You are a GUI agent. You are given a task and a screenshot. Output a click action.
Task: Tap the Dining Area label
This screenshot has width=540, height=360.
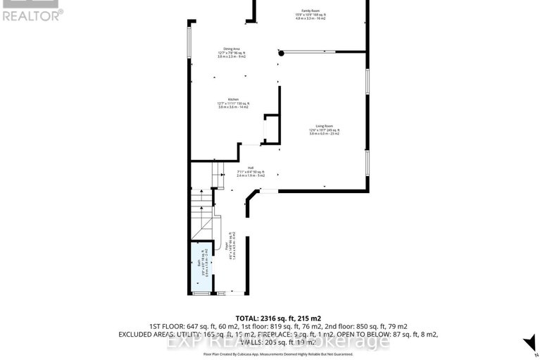click(x=232, y=49)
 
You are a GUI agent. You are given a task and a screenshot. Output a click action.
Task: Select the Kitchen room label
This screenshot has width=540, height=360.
click(x=232, y=99)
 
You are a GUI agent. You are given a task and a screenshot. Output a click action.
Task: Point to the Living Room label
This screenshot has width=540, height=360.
click(x=324, y=126)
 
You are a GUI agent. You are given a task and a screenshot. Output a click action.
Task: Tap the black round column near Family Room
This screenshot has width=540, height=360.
click(x=281, y=53)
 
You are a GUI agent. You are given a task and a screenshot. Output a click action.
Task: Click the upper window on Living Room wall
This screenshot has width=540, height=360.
click(x=367, y=80)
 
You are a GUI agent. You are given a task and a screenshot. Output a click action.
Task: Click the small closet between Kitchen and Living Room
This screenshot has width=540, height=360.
click(x=270, y=130)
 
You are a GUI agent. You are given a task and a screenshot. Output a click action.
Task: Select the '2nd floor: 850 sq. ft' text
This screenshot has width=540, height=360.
click(x=380, y=326)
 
